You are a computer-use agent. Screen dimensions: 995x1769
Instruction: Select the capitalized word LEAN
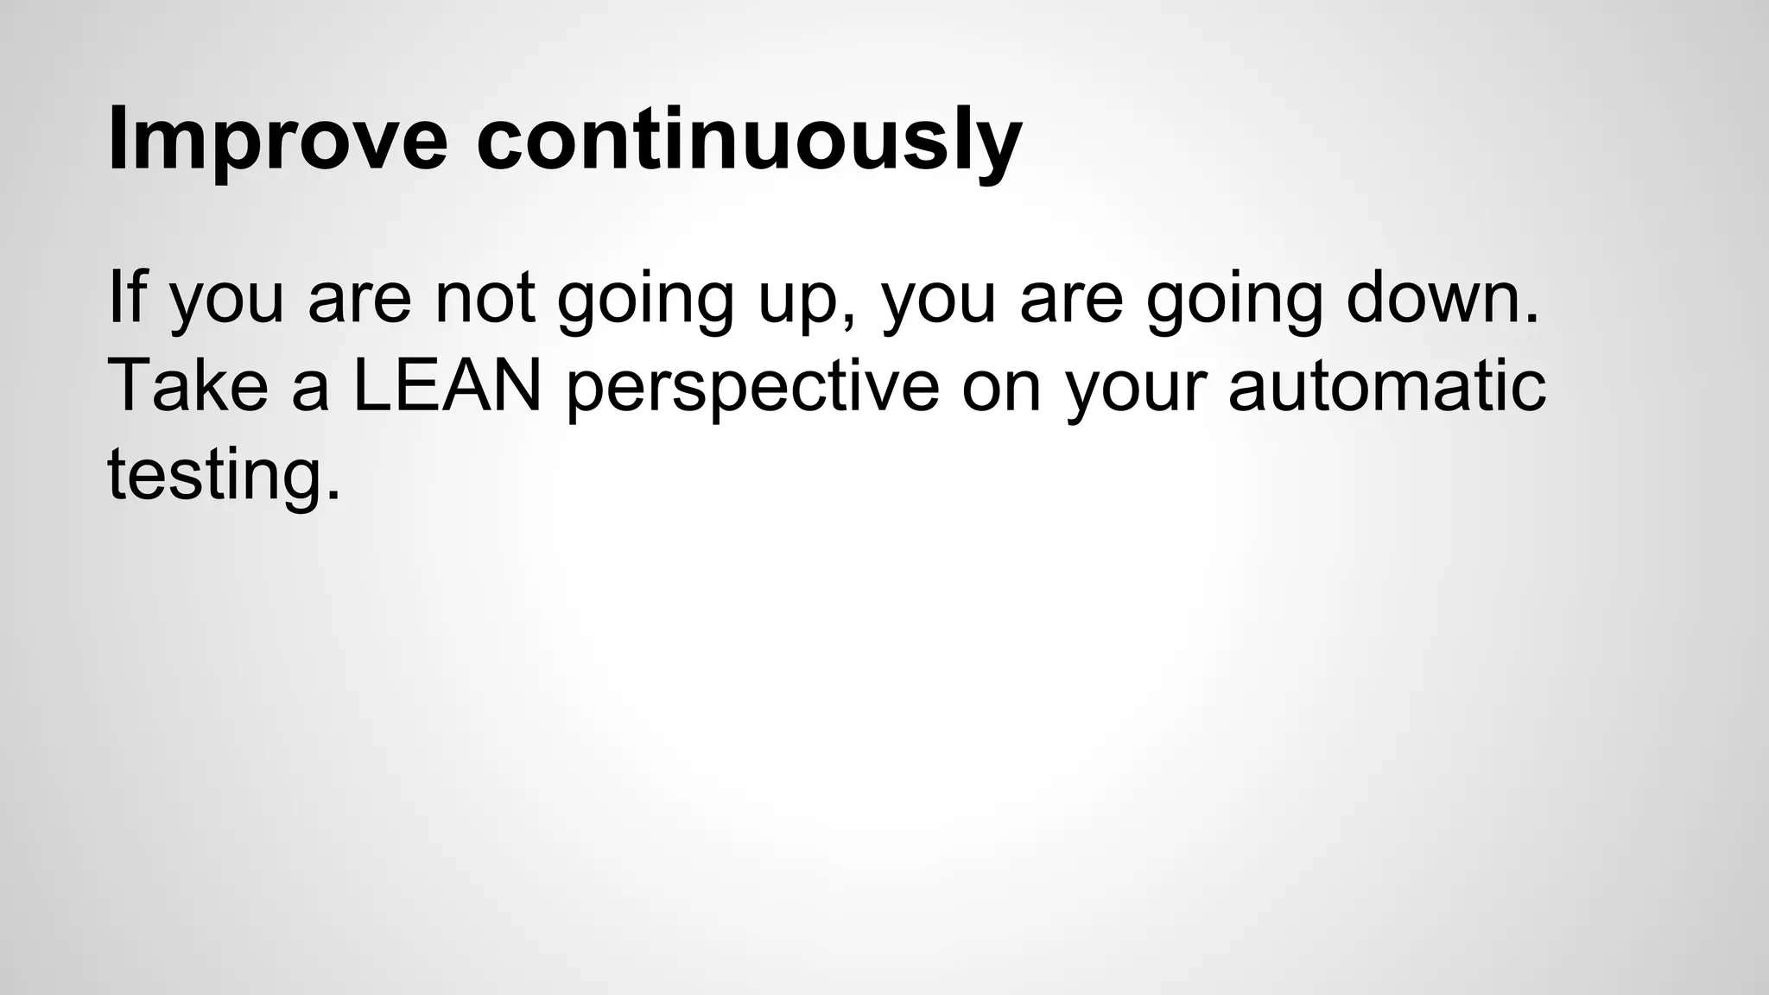point(447,385)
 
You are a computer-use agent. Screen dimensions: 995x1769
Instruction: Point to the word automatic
point(1387,385)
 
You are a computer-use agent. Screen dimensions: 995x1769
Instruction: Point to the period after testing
point(333,496)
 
